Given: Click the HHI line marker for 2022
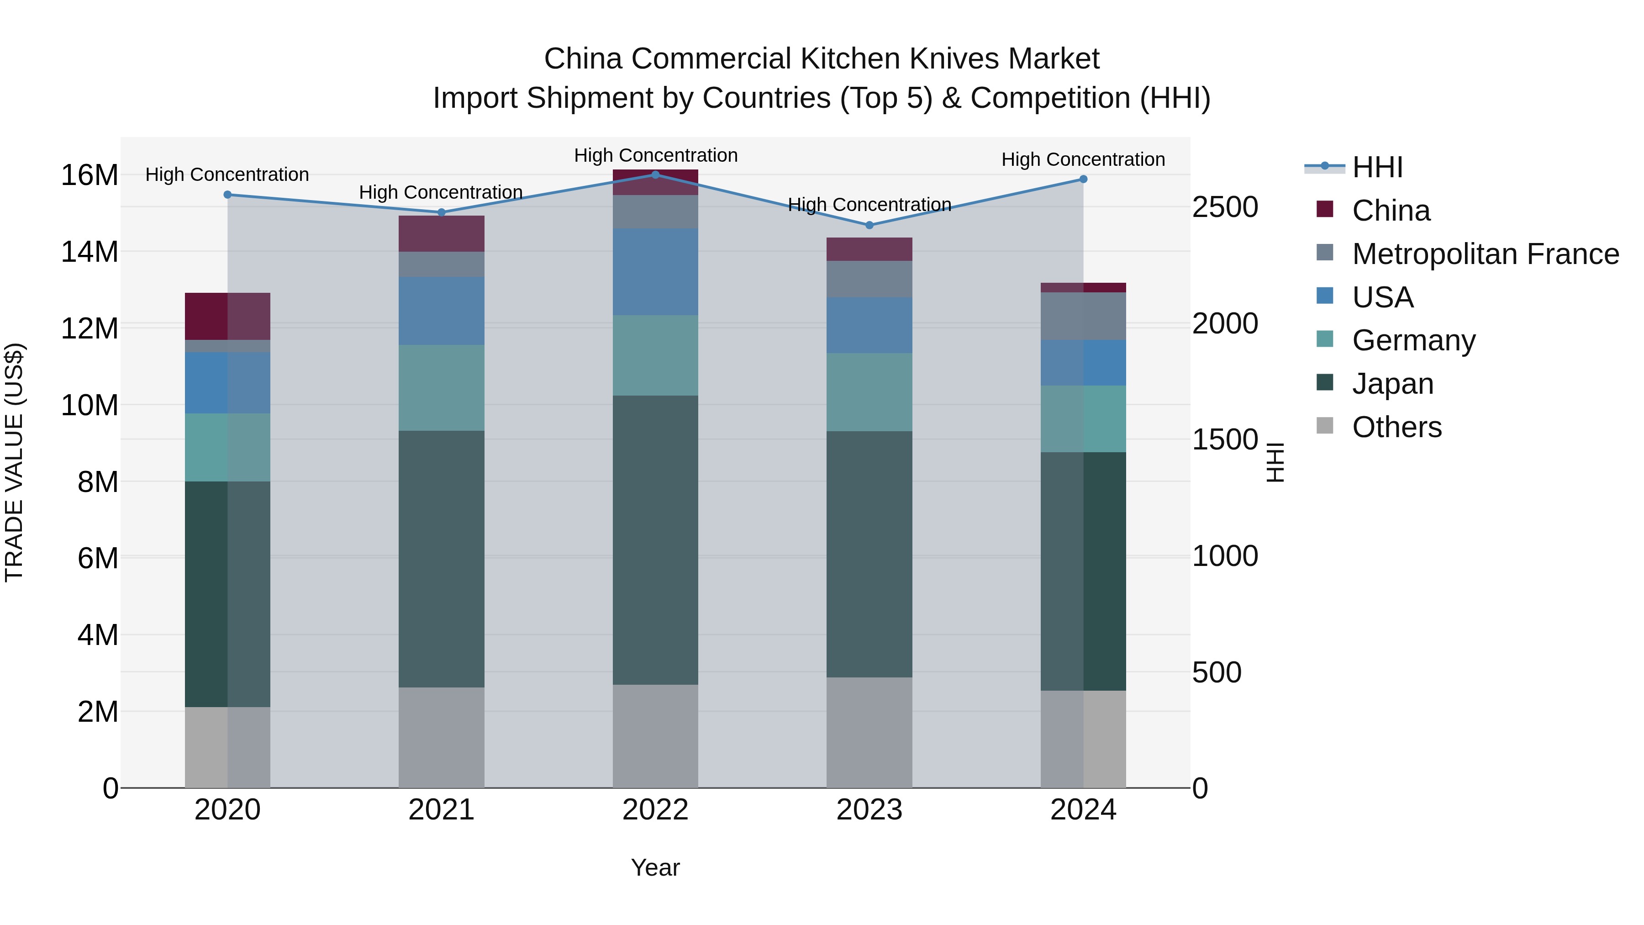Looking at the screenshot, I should coord(655,174).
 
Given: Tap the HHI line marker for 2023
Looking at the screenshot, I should coord(869,225).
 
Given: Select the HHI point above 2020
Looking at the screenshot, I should coord(227,195).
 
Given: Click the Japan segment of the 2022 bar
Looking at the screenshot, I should coord(655,540).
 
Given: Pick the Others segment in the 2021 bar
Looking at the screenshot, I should coord(442,737).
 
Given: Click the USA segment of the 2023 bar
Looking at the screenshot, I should coord(869,326).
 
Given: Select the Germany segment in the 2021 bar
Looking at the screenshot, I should coord(442,388).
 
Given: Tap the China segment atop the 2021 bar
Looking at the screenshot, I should coord(442,233).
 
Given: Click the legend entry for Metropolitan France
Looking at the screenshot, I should coord(1485,254).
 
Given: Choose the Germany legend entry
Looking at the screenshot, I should coord(1413,340).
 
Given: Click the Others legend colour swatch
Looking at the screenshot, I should coord(1325,426).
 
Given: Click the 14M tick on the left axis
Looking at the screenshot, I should coord(90,252).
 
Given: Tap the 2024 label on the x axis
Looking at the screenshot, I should coord(1083,810).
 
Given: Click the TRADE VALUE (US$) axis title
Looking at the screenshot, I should coord(14,463).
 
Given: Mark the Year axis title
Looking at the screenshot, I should coord(655,867).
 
